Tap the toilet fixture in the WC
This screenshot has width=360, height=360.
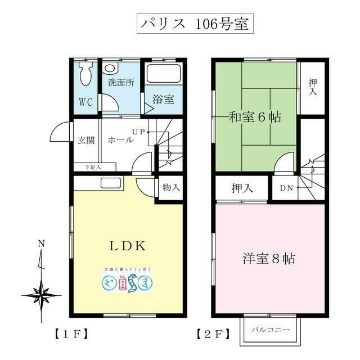coord(85,74)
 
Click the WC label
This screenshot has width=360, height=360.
coord(85,102)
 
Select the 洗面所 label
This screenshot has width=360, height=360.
coord(121,82)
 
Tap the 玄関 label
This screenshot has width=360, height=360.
coord(86,139)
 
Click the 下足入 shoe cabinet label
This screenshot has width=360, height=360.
coord(93,167)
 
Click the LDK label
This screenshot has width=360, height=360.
coord(128,246)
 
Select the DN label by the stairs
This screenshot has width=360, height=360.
coord(286,188)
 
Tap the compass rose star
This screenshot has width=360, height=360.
coord(41,294)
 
